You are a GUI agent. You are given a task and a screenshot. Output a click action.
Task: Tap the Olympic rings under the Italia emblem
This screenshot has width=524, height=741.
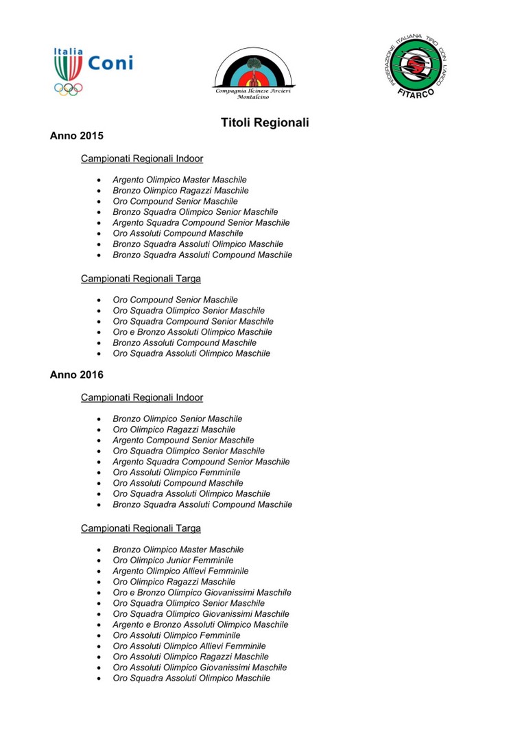click(69, 89)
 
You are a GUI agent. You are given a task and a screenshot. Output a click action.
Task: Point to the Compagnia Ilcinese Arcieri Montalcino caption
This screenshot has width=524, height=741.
click(254, 94)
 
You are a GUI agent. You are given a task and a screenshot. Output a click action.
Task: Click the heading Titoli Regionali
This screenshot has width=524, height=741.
click(265, 123)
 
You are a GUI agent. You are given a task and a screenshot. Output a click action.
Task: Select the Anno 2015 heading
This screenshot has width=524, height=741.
click(77, 136)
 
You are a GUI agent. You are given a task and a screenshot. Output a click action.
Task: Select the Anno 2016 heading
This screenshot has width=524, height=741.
click(77, 375)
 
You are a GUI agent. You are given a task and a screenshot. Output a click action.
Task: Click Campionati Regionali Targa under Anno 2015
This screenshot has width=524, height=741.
click(141, 279)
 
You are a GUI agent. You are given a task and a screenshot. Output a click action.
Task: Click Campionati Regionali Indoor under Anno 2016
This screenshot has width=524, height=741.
click(142, 397)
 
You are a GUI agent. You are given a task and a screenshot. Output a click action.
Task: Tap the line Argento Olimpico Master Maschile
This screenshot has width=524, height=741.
click(180, 180)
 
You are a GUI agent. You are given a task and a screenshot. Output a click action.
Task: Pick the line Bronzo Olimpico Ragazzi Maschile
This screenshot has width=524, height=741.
click(180, 191)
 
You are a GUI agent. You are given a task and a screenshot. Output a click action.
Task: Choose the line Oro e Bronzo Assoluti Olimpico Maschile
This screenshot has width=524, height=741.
click(192, 332)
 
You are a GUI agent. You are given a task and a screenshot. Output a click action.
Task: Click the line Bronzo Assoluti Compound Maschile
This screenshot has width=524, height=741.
click(184, 342)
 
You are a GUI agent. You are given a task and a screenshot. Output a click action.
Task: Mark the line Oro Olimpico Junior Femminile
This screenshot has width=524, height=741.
click(173, 561)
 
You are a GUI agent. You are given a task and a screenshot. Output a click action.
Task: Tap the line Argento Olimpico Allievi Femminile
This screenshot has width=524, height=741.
click(180, 571)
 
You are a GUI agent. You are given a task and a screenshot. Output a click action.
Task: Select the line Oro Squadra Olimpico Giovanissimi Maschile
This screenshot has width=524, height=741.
click(201, 614)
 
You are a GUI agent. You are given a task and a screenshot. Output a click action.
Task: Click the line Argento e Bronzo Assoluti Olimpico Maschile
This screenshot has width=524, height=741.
click(200, 624)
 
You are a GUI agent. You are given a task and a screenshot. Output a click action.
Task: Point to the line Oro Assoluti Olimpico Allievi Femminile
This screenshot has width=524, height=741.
click(189, 646)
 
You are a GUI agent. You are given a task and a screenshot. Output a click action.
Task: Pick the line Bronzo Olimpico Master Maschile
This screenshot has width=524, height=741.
click(178, 550)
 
